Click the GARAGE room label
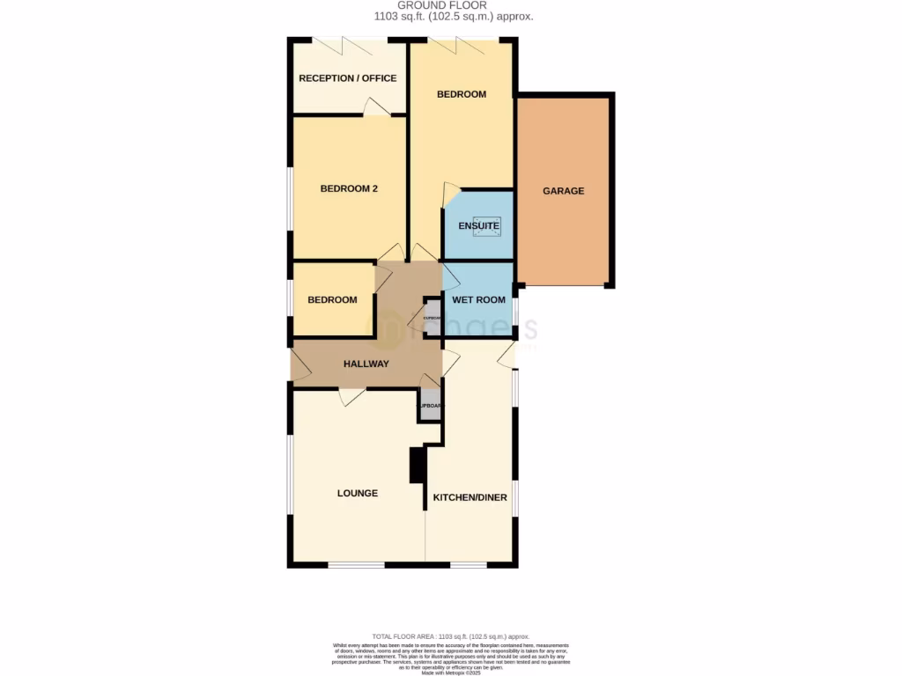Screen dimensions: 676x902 pyautogui.click(x=563, y=191)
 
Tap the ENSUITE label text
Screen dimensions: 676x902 pyautogui.click(x=478, y=226)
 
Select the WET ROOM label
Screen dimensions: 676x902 pyautogui.click(x=478, y=300)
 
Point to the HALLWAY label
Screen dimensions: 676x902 pyautogui.click(x=366, y=364)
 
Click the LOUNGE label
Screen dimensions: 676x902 pyautogui.click(x=357, y=494)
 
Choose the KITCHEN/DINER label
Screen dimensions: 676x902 pyautogui.click(x=469, y=497)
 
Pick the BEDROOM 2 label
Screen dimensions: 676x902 pyautogui.click(x=349, y=188)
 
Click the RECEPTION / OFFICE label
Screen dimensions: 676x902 pyautogui.click(x=347, y=78)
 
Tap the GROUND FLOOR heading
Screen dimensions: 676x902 pyautogui.click(x=454, y=5)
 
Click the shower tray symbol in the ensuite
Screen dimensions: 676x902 pyautogui.click(x=487, y=225)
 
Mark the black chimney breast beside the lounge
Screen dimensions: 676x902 pyautogui.click(x=417, y=465)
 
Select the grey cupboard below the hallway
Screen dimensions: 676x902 pyautogui.click(x=429, y=407)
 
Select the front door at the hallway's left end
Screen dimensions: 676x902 pyautogui.click(x=299, y=366)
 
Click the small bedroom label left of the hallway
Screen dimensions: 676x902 pyautogui.click(x=332, y=300)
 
